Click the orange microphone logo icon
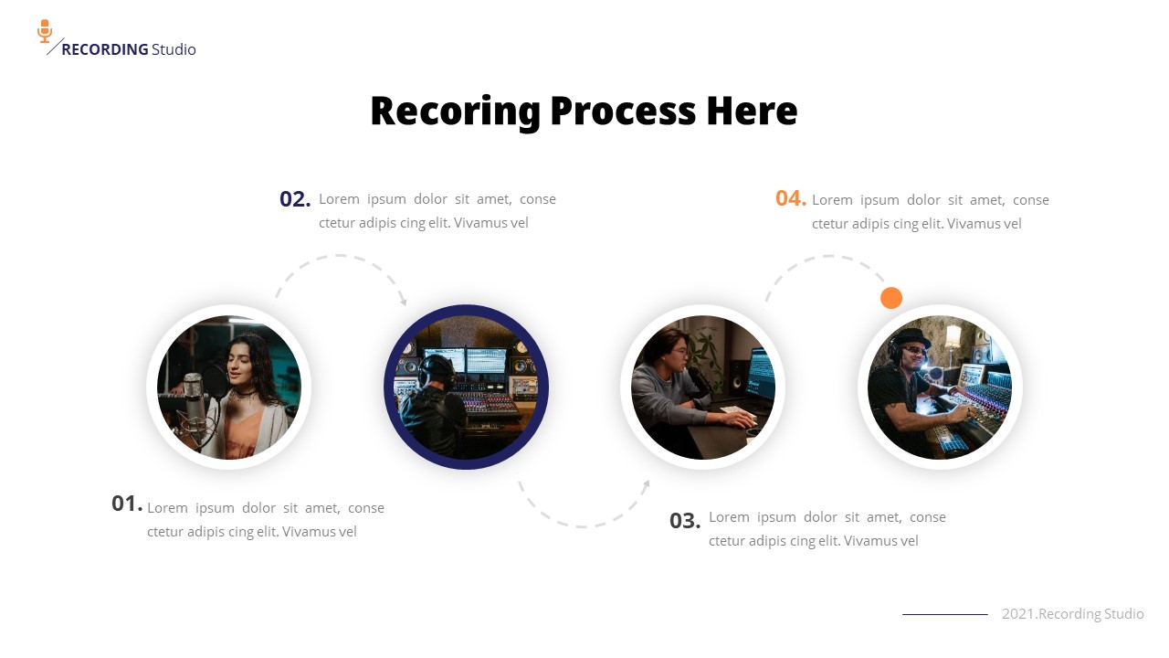click(x=45, y=31)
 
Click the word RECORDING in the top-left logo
click(x=104, y=49)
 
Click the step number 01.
click(x=127, y=504)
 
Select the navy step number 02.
click(x=295, y=199)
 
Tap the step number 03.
click(x=685, y=521)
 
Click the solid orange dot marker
click(x=891, y=298)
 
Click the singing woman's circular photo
click(x=228, y=387)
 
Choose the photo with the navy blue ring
click(x=466, y=387)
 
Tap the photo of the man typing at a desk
click(x=703, y=387)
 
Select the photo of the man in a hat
click(x=940, y=387)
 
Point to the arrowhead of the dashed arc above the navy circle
click(x=404, y=302)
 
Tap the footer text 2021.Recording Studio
click(x=1072, y=614)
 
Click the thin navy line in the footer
click(x=944, y=614)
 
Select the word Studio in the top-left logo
click(x=174, y=49)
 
